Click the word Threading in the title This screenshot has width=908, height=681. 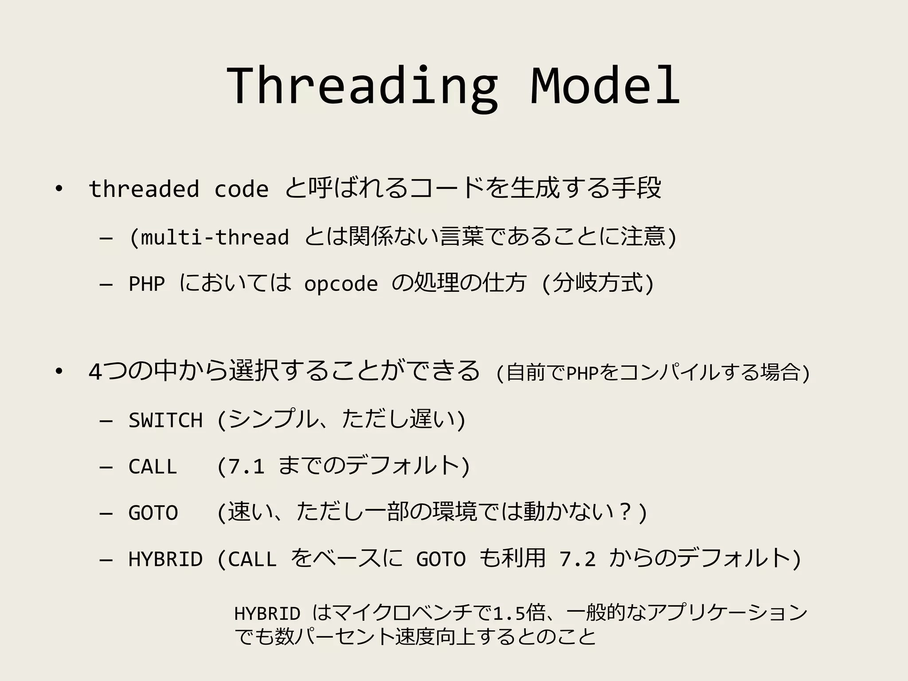[362, 86]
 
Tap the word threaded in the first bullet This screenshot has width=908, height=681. [144, 189]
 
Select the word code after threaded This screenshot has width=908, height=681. [241, 190]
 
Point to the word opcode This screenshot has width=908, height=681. [340, 284]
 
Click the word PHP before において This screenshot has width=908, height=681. [147, 284]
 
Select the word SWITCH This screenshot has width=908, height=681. [165, 420]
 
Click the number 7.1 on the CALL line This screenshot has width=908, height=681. [247, 466]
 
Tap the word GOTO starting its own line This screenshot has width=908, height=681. [153, 513]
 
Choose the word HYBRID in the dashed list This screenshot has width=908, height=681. [165, 559]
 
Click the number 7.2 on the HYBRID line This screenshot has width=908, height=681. [577, 559]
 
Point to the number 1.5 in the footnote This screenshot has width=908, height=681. [509, 614]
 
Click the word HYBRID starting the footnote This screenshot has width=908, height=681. [267, 614]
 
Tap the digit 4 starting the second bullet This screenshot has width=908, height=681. [95, 372]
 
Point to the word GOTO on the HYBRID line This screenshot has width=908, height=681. [441, 559]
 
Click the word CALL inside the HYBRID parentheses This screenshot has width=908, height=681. [252, 559]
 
